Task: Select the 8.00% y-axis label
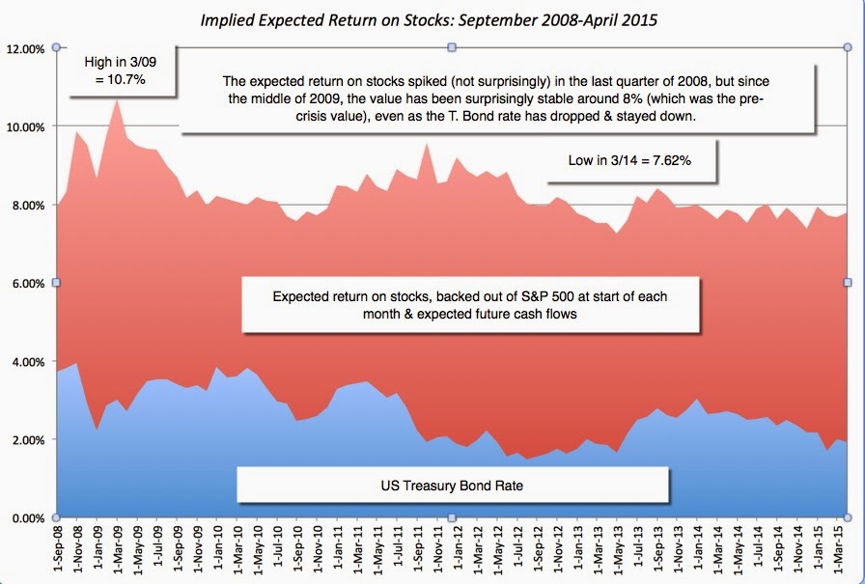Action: tap(27, 205)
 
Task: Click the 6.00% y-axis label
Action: tap(27, 283)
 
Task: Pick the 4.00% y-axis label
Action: tap(27, 361)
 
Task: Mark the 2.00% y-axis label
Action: tap(27, 439)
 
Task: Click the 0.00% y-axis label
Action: tap(27, 517)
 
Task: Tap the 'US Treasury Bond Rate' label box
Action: tap(453, 486)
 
